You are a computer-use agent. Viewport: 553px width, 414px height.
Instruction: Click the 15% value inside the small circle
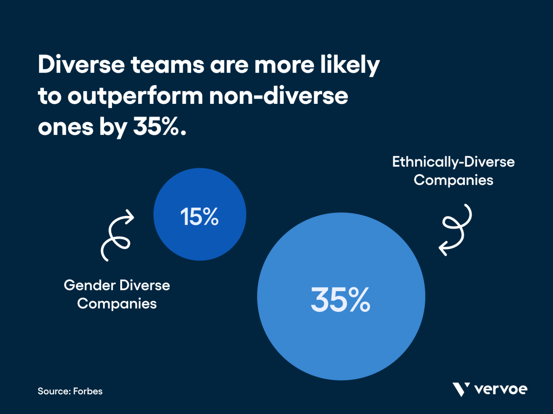point(199,217)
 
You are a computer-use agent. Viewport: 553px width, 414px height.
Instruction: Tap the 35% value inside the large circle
point(340,299)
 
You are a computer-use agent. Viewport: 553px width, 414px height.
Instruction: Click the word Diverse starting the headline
point(81,65)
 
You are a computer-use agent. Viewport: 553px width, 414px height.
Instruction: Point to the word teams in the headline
point(167,65)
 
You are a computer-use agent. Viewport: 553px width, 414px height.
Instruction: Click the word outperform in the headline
point(135,96)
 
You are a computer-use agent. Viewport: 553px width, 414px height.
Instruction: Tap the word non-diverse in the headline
point(278,96)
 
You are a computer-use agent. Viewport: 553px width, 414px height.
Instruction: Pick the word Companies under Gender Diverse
point(117,304)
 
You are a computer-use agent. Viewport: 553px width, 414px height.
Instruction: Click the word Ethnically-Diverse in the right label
point(453,162)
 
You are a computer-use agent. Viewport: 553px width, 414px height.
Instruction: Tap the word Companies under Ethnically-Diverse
point(453,180)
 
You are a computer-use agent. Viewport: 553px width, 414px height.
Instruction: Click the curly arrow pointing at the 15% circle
point(116,235)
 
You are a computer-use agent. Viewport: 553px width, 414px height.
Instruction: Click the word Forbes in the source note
point(88,391)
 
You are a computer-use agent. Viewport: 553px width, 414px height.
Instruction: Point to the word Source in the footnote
point(54,391)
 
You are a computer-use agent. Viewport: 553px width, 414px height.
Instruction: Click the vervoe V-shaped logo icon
point(461,389)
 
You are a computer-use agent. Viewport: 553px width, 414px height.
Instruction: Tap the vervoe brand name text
point(501,389)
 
